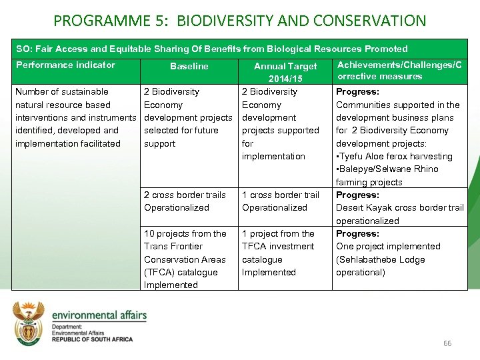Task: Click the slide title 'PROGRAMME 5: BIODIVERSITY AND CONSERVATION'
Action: point(239,20)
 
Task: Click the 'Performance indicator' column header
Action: point(65,65)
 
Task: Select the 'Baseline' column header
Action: point(189,66)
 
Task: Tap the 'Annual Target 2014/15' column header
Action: point(285,72)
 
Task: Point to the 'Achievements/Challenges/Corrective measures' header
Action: point(399,70)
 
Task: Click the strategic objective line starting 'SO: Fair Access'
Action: point(212,49)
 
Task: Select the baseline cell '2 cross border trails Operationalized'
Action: point(185,201)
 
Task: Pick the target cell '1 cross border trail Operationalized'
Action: point(281,201)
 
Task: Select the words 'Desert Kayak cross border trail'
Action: point(399,208)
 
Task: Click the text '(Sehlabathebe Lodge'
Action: point(380,259)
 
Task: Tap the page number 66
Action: point(447,343)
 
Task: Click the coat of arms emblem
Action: point(28,323)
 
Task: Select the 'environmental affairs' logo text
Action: point(99,315)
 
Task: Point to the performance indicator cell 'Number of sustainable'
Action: point(61,91)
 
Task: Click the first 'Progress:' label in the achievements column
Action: point(357,92)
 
